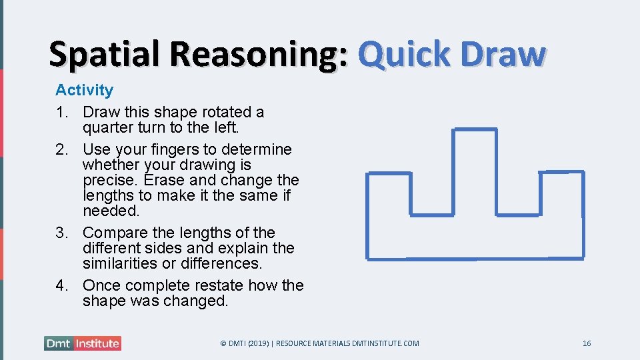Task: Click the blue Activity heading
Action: [x=84, y=90]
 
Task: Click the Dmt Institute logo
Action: [x=83, y=344]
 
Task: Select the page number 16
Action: [x=587, y=343]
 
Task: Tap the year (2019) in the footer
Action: [x=259, y=343]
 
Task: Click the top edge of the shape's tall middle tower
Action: [x=475, y=129]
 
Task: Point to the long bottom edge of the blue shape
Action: [x=475, y=258]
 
